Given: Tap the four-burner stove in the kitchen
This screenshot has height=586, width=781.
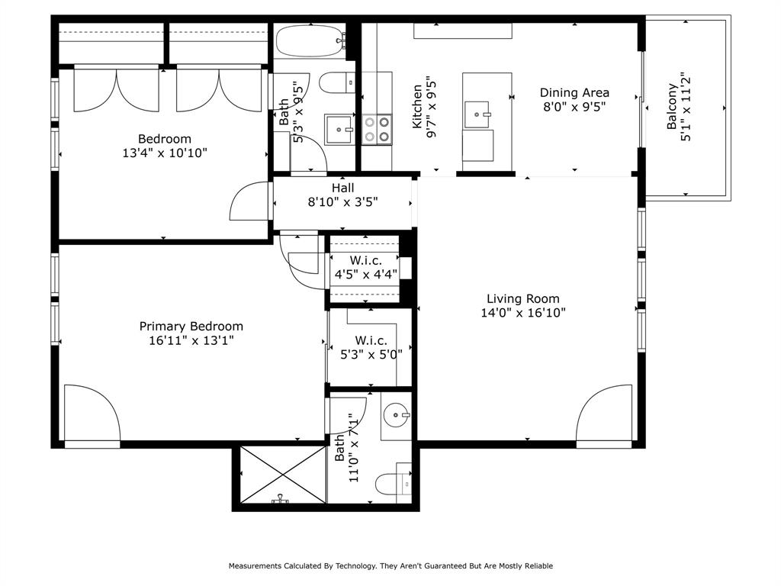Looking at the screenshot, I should (376, 129).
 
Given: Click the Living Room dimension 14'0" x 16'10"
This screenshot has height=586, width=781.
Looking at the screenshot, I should (523, 313).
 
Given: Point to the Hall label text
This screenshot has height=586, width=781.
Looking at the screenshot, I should (342, 188).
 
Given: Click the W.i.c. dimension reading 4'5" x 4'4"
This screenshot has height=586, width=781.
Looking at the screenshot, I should (366, 274).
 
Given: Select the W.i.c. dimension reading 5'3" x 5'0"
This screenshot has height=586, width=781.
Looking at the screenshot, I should (371, 353).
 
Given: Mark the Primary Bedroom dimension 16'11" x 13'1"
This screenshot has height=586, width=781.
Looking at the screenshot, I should (191, 340).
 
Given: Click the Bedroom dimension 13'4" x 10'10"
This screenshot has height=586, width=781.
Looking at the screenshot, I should (165, 153).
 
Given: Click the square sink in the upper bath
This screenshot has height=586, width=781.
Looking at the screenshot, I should (338, 130).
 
